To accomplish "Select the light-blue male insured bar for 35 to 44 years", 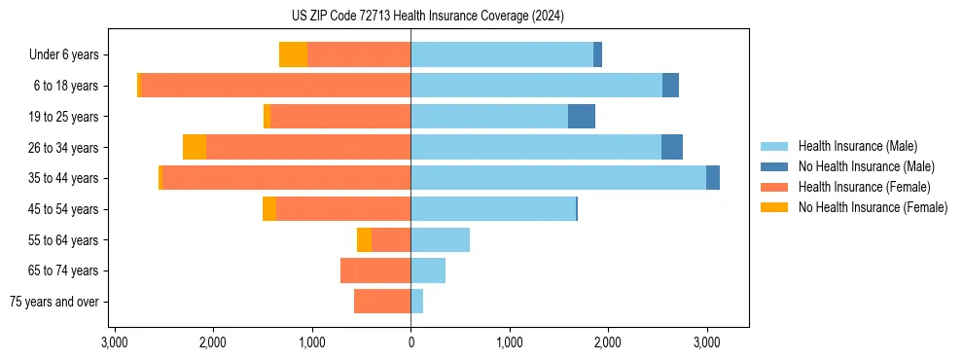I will click(558, 178).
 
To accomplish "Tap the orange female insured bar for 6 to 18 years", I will click(275, 86).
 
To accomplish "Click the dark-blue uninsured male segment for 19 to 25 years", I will click(582, 117).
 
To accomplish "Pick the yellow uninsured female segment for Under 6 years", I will click(293, 54).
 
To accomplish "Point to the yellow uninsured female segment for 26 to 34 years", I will click(195, 147).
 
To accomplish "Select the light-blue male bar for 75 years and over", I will click(416, 302).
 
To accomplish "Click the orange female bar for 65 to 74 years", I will click(375, 270).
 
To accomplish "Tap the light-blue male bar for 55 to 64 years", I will click(440, 239).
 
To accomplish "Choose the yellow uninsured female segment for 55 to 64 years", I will click(364, 239).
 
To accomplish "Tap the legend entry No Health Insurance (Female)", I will click(873, 207).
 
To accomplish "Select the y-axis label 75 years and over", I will click(54, 302).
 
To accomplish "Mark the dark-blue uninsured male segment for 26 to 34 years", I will click(672, 147).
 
